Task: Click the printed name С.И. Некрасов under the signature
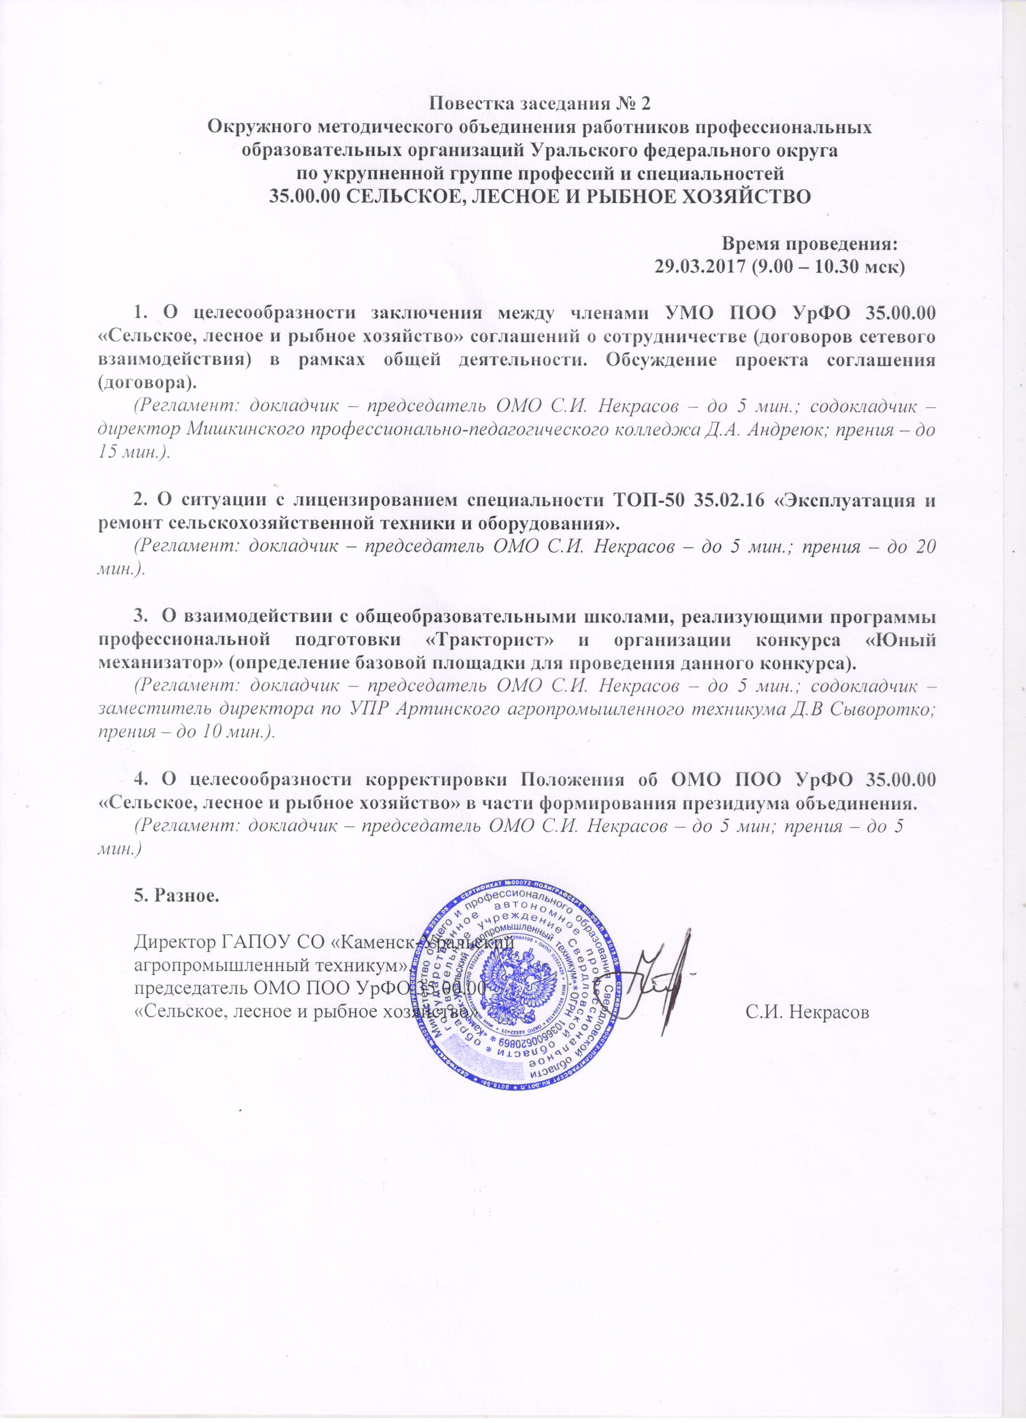(807, 1012)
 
